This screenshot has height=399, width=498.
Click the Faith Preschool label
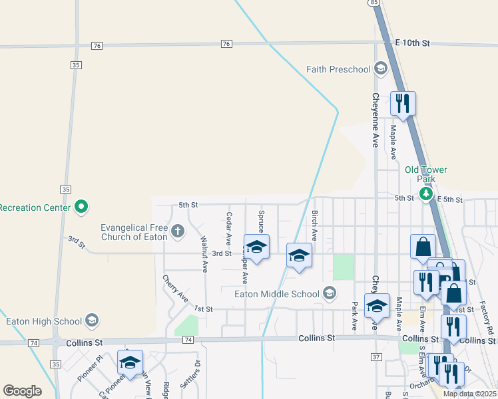pyautogui.click(x=338, y=69)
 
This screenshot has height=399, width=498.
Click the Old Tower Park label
pyautogui.click(x=426, y=174)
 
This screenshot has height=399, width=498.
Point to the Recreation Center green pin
pyautogui.click(x=81, y=207)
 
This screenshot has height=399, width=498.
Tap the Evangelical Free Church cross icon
pyautogui.click(x=177, y=231)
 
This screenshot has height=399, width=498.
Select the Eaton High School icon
pyautogui.click(x=92, y=321)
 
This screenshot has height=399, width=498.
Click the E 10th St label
pyautogui.click(x=412, y=43)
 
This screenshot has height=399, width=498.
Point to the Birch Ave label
pyautogui.click(x=314, y=226)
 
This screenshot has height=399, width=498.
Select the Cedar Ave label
pyautogui.click(x=228, y=227)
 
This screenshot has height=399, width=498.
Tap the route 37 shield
pyautogui.click(x=377, y=357)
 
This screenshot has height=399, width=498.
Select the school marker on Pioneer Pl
pyautogui.click(x=130, y=362)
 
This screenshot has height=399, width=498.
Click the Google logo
pyautogui.click(x=23, y=391)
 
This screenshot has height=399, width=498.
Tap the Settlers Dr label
pyautogui.click(x=197, y=374)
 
